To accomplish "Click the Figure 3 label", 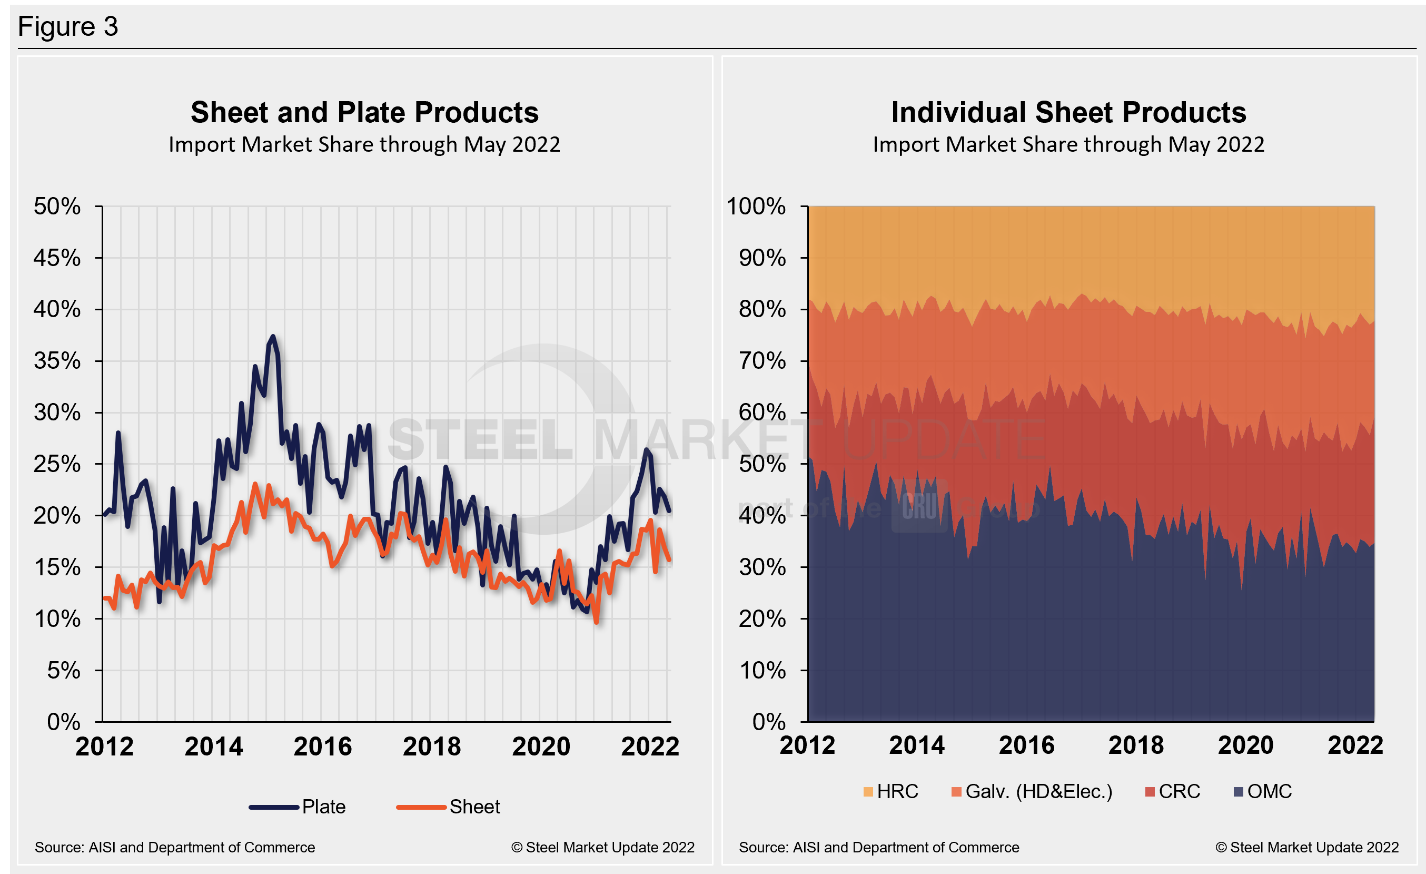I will point(68,27).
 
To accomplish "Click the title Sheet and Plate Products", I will point(364,112).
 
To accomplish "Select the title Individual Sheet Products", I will point(1068,112).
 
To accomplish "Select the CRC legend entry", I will point(1173,791).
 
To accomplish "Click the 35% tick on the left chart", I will point(57,361).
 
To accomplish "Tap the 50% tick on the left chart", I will point(57,207).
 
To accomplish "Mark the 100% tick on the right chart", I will point(756,207).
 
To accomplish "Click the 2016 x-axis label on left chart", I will point(322,747).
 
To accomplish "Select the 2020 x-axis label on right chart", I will point(1245,745).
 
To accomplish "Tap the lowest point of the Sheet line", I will point(596,622).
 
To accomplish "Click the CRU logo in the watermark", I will point(919,506).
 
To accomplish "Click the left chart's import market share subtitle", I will point(364,145).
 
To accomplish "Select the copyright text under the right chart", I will point(1307,847).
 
